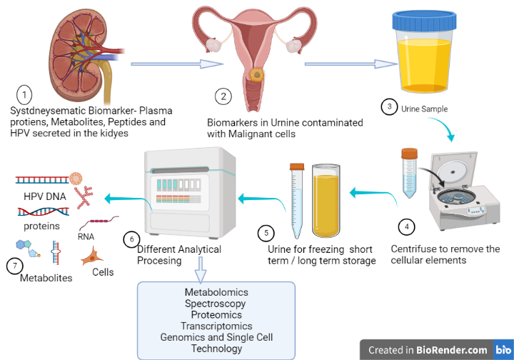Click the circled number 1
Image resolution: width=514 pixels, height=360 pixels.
24,94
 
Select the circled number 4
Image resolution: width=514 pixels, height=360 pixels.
407,227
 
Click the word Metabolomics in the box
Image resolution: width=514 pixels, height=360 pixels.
216,293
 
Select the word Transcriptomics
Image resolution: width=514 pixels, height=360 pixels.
216,326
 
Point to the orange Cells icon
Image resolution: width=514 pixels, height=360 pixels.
94,255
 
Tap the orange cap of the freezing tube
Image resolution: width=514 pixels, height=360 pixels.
298,166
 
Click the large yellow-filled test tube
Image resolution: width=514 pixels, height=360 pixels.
326,203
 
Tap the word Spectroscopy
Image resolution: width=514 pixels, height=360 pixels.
216,304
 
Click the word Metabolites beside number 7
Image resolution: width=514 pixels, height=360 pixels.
46,278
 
